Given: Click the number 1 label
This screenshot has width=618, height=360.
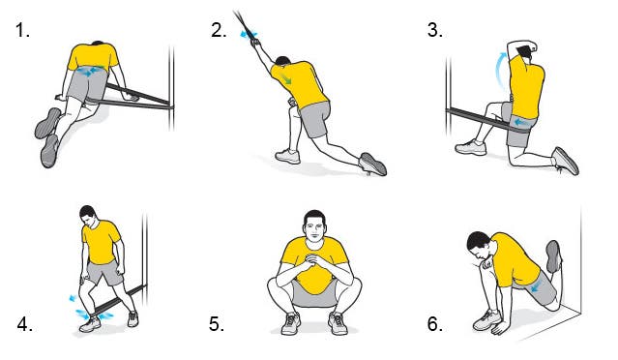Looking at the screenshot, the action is tap(22, 30).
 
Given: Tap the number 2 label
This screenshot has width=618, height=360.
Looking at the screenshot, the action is tap(219, 30).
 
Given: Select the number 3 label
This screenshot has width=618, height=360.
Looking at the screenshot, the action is tap(435, 30).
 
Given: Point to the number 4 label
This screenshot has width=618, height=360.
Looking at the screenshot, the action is tap(25, 324).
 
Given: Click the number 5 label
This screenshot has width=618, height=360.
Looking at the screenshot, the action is tap(217, 324).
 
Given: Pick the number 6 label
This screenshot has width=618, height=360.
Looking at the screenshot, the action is tap(435, 324).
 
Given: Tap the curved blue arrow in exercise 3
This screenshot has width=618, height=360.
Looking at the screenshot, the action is tap(499, 71).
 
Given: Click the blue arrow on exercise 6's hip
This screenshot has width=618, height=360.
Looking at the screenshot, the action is tap(536, 287).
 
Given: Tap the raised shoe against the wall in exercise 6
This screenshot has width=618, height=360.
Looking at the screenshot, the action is tap(554, 256).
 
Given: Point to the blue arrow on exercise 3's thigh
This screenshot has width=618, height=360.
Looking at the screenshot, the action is tap(521, 123).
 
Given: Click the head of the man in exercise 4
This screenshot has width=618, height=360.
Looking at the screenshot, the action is tap(89, 217).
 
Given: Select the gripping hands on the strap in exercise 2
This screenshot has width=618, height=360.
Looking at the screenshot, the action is tap(255, 42).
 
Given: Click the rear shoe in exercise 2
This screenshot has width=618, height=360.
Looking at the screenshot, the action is tap(373, 164).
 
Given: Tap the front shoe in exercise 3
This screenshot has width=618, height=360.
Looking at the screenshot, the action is tap(471, 147).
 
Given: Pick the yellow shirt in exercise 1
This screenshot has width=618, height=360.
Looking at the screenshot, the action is tap(93, 57).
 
